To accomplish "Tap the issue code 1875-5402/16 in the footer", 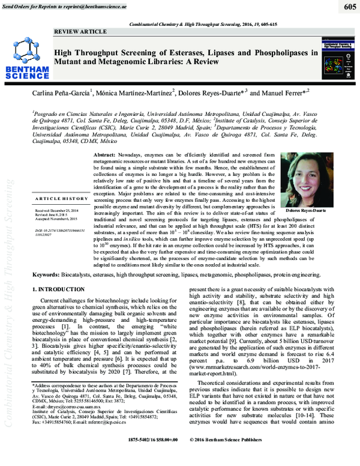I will pos(137,457).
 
